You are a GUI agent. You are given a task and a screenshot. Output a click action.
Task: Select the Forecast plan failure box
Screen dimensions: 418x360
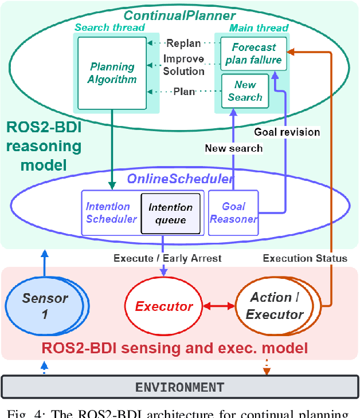pos(253,54)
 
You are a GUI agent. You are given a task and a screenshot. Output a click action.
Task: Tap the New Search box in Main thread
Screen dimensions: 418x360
pos(245,92)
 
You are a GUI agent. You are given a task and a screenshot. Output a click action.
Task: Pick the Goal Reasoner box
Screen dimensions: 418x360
pos(233,212)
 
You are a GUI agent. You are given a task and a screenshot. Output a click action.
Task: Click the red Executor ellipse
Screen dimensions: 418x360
pos(163,306)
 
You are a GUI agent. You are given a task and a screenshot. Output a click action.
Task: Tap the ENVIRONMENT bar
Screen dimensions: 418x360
pos(179,387)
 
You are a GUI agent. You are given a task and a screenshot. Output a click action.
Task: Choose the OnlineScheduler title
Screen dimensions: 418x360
pos(180,179)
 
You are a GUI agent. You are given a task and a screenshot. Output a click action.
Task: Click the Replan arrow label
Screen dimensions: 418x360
pos(183,43)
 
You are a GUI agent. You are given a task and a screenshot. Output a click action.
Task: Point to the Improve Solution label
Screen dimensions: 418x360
pos(183,65)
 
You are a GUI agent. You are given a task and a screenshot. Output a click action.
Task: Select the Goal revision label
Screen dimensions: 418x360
pos(287,132)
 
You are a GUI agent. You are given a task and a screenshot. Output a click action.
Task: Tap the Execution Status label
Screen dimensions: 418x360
pos(305,258)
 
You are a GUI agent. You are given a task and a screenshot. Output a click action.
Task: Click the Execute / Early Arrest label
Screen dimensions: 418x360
pos(167,258)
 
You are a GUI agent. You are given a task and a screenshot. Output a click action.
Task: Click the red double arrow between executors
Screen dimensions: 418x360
pos(220,306)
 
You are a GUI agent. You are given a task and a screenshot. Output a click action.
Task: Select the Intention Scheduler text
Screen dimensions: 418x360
pos(111,212)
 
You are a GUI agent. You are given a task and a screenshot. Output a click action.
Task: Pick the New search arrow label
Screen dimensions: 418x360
pos(234,148)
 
